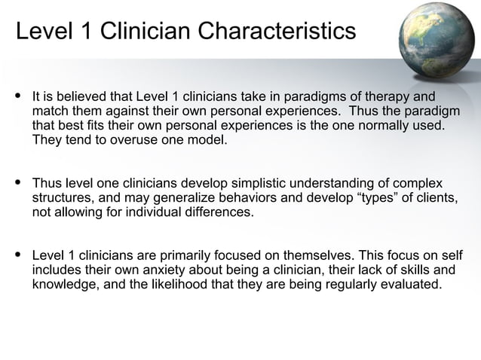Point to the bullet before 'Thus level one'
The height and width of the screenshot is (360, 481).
(18, 183)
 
